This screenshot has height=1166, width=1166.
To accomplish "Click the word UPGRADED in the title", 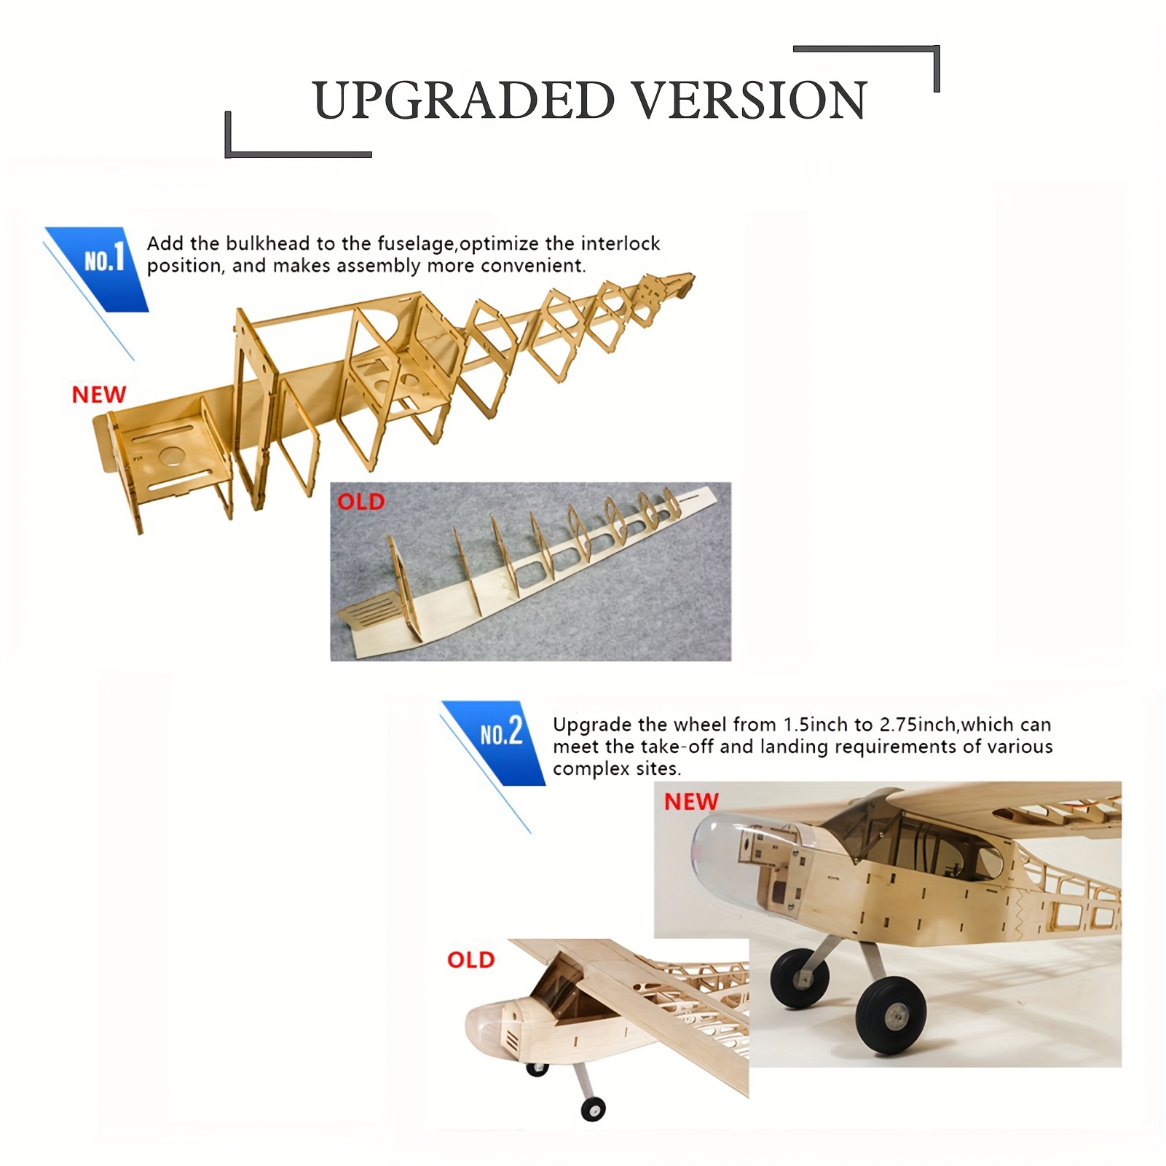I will tap(464, 101).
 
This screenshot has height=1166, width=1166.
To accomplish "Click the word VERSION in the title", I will tap(749, 101).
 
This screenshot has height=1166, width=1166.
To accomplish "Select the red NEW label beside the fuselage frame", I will tap(99, 395).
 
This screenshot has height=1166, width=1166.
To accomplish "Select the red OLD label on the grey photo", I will tap(361, 502).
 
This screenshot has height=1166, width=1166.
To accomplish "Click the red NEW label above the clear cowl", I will tap(690, 802).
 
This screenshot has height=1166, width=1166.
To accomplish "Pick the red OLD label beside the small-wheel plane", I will tap(470, 960).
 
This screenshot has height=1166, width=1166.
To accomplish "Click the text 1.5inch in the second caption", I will tap(816, 725).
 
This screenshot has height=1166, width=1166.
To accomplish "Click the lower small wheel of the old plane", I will tap(593, 1108).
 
